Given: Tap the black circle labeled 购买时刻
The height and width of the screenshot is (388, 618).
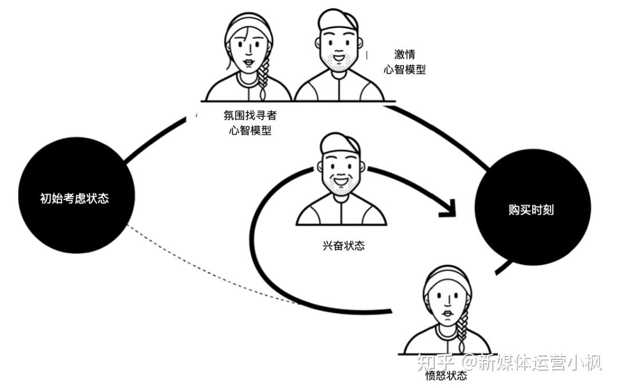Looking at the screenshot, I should (x=532, y=210).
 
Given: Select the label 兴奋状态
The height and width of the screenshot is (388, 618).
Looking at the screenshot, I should (x=343, y=246).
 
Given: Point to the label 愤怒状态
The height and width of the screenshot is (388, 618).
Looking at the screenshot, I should (x=446, y=376).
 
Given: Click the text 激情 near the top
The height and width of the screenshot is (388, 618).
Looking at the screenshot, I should (x=405, y=55).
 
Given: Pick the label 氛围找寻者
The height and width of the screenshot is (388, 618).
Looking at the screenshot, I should (x=250, y=115).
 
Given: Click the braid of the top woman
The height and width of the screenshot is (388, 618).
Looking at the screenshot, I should (x=263, y=77).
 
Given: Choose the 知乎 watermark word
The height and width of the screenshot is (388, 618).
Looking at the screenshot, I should (x=436, y=362).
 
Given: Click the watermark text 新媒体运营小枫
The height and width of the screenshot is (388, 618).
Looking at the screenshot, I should (x=538, y=362).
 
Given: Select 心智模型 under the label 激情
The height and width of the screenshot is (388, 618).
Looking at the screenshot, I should (x=405, y=70).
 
